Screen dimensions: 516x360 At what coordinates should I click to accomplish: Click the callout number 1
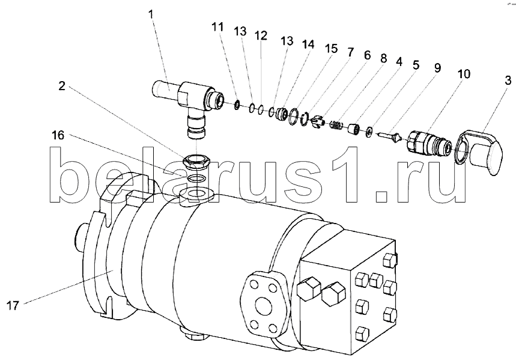pos(151,15)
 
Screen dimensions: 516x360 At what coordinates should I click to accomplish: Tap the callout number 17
pos(13,306)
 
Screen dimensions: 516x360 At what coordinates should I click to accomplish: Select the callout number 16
pos(58,135)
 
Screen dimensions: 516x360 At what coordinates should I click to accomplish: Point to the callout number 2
pos(62,87)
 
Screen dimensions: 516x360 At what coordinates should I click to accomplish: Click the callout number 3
pos(508,80)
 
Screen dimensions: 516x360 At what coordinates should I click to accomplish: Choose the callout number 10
pos(464,74)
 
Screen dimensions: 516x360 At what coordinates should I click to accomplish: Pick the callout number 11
pos(217,27)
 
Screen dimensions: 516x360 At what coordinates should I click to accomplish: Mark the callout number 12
pos(261,35)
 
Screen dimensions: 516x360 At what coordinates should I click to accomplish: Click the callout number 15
pos(332,49)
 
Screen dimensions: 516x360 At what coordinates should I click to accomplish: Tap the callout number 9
pos(437,68)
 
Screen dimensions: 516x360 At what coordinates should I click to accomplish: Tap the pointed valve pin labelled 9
pos(390,136)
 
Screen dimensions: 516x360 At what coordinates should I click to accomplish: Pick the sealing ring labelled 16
pos(196,178)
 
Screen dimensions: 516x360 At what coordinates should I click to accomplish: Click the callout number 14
pos(308,44)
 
